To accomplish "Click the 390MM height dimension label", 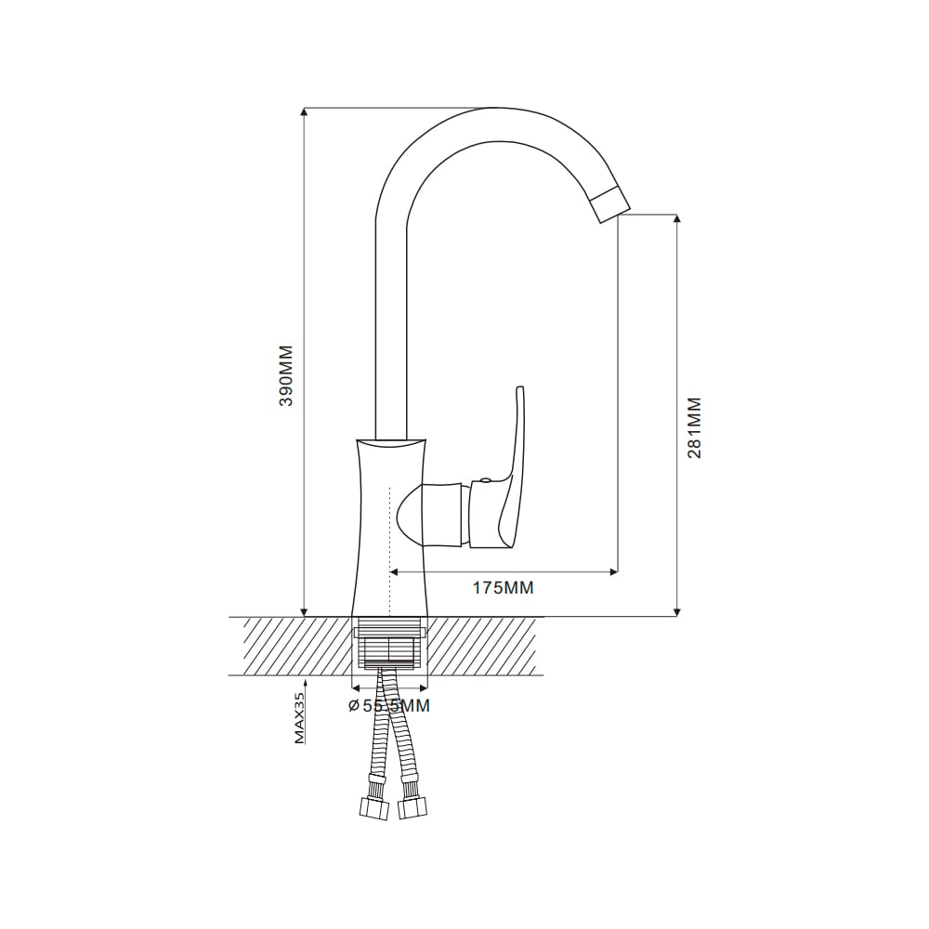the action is pyautogui.click(x=286, y=375).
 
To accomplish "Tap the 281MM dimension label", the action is pyautogui.click(x=694, y=427).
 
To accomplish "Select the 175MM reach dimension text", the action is pyautogui.click(x=503, y=588).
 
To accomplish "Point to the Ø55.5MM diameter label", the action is pyautogui.click(x=389, y=706).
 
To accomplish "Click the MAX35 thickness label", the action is pyautogui.click(x=299, y=719).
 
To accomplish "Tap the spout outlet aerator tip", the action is pyautogui.click(x=610, y=203).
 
